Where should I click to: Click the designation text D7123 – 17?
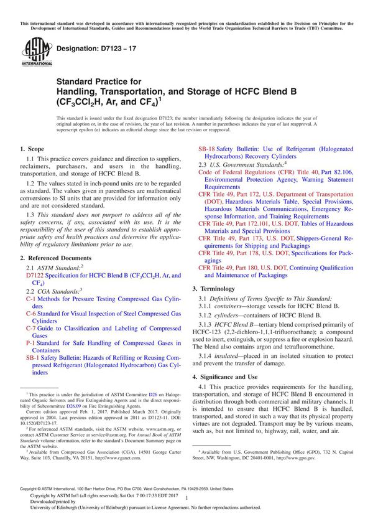90,48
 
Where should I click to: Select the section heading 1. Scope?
32,149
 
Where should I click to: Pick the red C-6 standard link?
30,314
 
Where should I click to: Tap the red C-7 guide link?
30,328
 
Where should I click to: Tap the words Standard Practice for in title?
99,81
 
